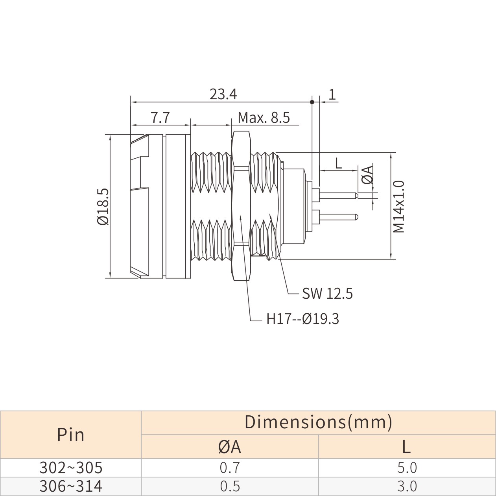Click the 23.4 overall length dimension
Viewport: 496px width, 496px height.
[x=223, y=94]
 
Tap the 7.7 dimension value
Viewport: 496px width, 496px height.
[x=160, y=117]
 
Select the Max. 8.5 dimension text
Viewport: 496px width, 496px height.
[x=264, y=117]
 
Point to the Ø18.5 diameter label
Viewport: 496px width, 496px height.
[x=103, y=206]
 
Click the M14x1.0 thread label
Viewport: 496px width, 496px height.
[x=399, y=206]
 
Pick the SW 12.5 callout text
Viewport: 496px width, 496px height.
[x=327, y=293]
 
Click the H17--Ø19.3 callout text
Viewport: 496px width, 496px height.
[x=302, y=318]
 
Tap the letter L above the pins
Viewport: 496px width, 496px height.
[x=338, y=163]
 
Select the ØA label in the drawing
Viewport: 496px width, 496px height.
[x=368, y=175]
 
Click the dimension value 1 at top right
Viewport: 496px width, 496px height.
[x=332, y=94]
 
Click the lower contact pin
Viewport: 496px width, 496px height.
[x=338, y=216]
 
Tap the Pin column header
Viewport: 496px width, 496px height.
[x=71, y=435]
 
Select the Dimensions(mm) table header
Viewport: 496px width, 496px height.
[x=318, y=422]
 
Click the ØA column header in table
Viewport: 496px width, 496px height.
[x=230, y=447]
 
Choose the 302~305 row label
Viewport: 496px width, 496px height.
[x=71, y=468]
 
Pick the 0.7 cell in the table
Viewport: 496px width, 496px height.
[x=230, y=468]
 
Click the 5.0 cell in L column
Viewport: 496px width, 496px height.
[x=407, y=468]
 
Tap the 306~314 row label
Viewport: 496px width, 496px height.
[x=71, y=487]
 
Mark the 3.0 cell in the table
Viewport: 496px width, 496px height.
[x=407, y=487]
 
